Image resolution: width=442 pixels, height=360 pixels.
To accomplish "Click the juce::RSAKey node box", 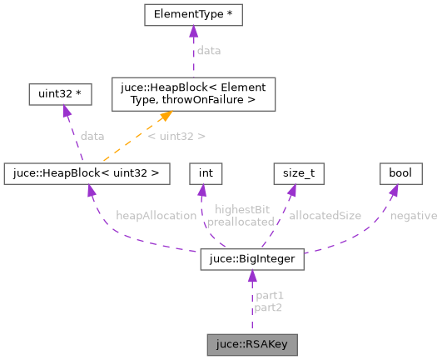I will pos(251,343).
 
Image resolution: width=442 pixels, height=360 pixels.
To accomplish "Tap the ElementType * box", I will pos(193,15).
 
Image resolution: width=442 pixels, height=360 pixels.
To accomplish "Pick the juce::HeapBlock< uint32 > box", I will pos(87,173).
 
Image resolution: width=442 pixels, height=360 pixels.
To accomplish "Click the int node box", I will pos(202,173).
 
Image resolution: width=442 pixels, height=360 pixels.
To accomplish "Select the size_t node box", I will pos(299,173).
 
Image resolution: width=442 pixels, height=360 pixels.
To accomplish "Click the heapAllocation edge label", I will pos(156,216).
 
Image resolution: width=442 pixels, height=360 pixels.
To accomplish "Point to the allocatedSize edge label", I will pos(325,216).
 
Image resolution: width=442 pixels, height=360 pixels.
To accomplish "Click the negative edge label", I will pos(413,216).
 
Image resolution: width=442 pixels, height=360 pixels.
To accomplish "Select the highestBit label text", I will pos(241,210).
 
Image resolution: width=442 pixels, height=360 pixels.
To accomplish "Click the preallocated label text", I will pos(241,222).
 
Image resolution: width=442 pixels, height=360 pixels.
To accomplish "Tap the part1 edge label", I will pos(269,296).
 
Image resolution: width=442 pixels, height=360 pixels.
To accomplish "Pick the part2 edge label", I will pos(269,307).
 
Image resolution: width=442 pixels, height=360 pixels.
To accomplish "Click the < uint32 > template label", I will pos(176,135).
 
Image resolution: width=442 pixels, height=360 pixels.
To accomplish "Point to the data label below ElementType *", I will pos(208,51).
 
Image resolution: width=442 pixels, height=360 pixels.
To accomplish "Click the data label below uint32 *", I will pos(92,135).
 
